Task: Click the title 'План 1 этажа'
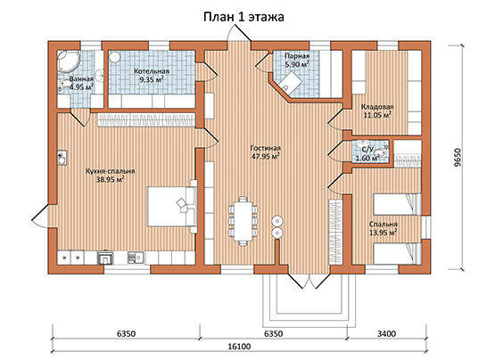243,17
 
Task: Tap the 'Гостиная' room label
265,148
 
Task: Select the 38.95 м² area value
110,179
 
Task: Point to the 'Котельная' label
151,71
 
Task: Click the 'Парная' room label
297,56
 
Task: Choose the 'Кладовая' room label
377,107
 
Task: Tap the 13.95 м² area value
383,233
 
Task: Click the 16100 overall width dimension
239,347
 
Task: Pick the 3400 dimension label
386,333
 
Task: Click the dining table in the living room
243,221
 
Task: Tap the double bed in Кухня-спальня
172,207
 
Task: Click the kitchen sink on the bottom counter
136,258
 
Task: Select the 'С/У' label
368,150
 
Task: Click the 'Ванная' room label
81,79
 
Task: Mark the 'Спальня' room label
384,225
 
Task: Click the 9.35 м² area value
152,79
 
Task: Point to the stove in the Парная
291,81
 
